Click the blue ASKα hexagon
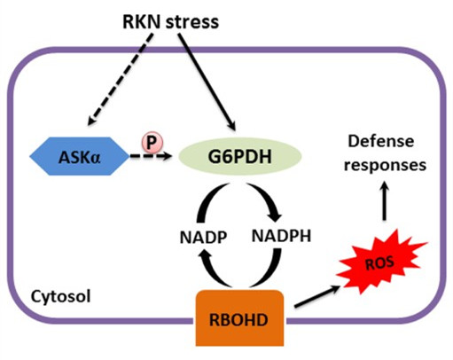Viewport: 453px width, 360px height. coord(79,156)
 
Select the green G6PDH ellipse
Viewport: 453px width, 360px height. coord(240,156)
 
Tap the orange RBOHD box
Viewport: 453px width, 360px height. coord(239,318)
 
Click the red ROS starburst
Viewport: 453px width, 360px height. coord(381,262)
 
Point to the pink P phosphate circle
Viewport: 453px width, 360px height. coord(152,143)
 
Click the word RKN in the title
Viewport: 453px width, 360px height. coord(142,22)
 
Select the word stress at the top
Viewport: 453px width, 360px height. coord(192,22)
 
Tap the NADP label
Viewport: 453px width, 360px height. coord(203,238)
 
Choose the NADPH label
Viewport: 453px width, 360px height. coord(281,236)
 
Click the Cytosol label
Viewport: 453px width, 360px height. coord(61,296)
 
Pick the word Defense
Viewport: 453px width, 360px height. coord(381,142)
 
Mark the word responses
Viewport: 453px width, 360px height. coord(385,166)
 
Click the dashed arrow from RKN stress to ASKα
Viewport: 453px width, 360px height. coord(121,79)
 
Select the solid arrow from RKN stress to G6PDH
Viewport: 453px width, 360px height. coord(207,82)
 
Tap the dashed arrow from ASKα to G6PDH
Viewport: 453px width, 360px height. coord(151,156)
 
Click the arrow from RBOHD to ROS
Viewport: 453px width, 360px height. coord(317,296)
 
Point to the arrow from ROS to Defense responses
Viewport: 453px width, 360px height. coord(384,200)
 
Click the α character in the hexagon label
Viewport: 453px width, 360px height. coord(96,159)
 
